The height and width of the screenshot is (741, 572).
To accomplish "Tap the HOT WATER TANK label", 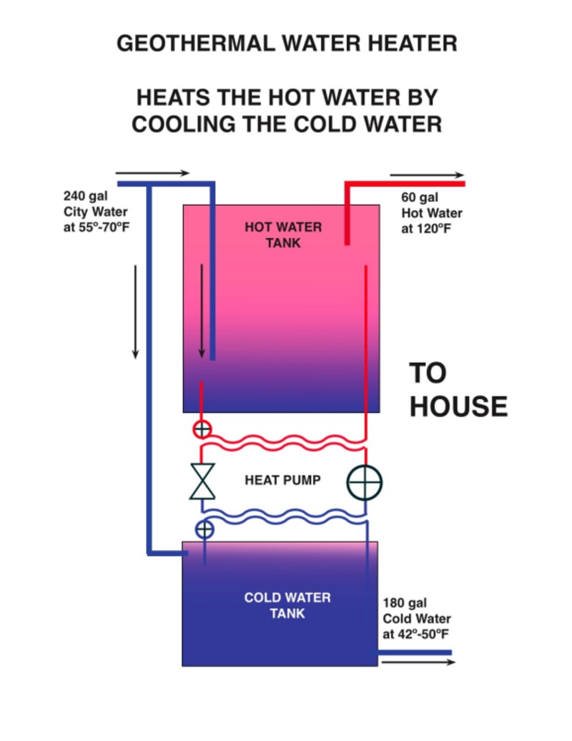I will pyautogui.click(x=283, y=235).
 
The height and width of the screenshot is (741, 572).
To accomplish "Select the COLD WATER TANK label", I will pyautogui.click(x=287, y=605).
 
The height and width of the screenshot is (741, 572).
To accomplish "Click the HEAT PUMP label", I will pyautogui.click(x=283, y=481).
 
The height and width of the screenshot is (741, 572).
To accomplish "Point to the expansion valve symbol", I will pyautogui.click(x=202, y=481).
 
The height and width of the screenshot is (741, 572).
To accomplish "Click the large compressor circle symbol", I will pyautogui.click(x=365, y=483).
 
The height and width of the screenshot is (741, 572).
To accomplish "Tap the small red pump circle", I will pyautogui.click(x=202, y=429).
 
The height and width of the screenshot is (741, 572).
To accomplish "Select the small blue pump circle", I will pyautogui.click(x=204, y=529).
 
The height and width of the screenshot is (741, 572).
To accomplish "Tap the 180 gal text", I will pyautogui.click(x=405, y=603).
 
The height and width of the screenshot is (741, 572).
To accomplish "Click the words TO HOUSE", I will pyautogui.click(x=458, y=390).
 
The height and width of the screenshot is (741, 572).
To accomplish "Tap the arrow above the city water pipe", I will pyautogui.click(x=152, y=173).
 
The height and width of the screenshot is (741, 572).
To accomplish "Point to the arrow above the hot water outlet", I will pyautogui.click(x=427, y=175).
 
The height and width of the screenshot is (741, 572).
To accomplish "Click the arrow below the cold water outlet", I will pyautogui.click(x=418, y=662).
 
